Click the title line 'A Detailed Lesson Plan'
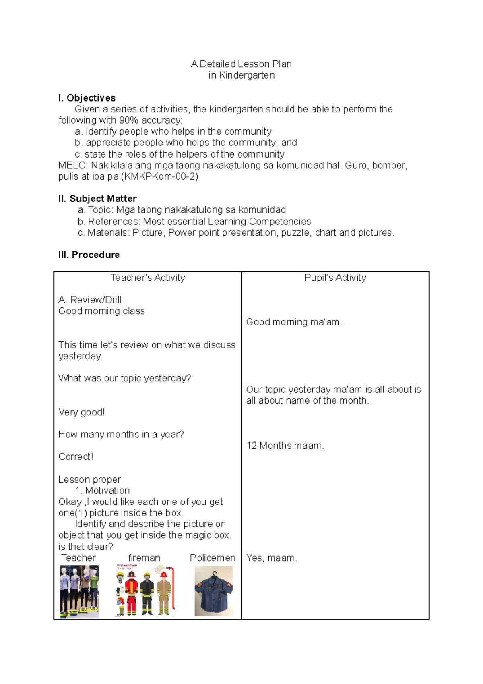[241, 64]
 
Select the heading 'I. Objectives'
[87, 98]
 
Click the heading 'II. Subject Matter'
[97, 199]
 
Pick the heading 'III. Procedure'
[89, 255]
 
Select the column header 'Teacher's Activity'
[148, 278]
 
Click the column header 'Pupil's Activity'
[335, 278]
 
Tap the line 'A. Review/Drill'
[90, 300]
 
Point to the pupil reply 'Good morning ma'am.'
[294, 322]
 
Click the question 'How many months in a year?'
[121, 435]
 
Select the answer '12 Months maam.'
[285, 446]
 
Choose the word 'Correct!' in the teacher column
[76, 457]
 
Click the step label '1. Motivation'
[103, 491]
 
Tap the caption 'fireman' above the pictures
[144, 558]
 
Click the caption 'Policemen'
[213, 558]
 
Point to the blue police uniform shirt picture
[214, 591]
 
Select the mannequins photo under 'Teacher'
[79, 591]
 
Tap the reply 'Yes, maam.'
[272, 558]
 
